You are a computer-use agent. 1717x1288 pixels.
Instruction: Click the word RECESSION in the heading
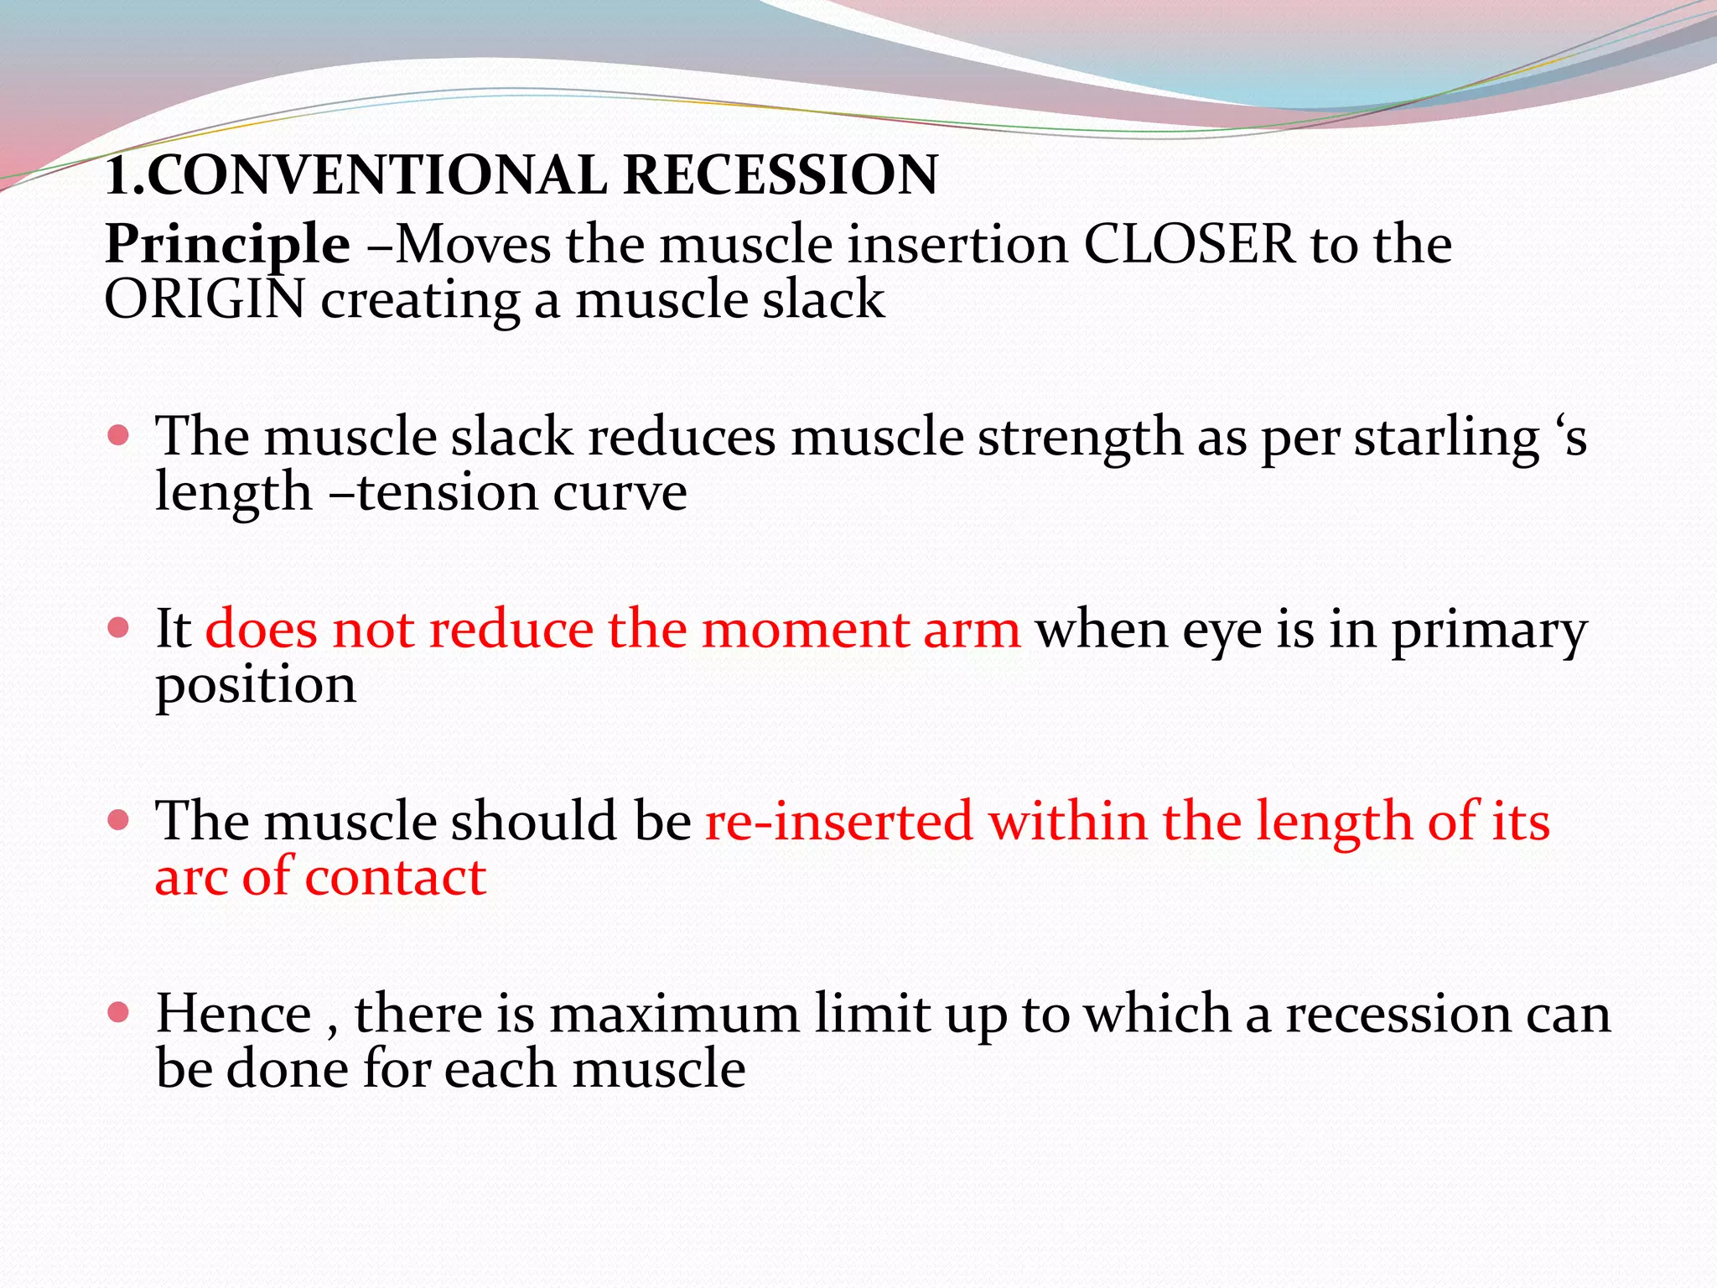pyautogui.click(x=781, y=176)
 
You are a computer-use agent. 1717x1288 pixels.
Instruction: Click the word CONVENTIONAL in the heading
pyautogui.click(x=376, y=176)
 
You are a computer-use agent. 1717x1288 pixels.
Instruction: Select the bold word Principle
pyautogui.click(x=227, y=245)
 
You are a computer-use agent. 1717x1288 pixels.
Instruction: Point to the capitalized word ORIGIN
pyautogui.click(x=205, y=300)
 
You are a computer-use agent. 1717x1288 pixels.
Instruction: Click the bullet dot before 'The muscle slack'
pyautogui.click(x=119, y=435)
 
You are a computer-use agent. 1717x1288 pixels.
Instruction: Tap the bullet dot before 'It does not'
pyautogui.click(x=119, y=628)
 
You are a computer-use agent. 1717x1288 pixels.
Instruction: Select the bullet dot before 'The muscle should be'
pyautogui.click(x=119, y=819)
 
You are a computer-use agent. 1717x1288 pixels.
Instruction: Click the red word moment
pyautogui.click(x=804, y=630)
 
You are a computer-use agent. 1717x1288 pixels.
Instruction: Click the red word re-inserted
pyautogui.click(x=838, y=821)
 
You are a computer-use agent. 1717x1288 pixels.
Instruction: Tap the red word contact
pyautogui.click(x=396, y=878)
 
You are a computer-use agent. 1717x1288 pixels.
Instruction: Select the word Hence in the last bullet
pyautogui.click(x=234, y=1015)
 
